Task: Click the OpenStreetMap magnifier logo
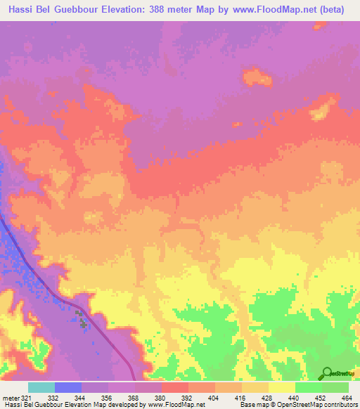tap(326, 373)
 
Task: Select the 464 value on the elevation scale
tap(345, 398)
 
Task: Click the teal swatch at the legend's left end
tap(41, 387)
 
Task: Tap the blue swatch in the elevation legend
tap(67, 387)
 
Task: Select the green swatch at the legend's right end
tap(335, 387)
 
